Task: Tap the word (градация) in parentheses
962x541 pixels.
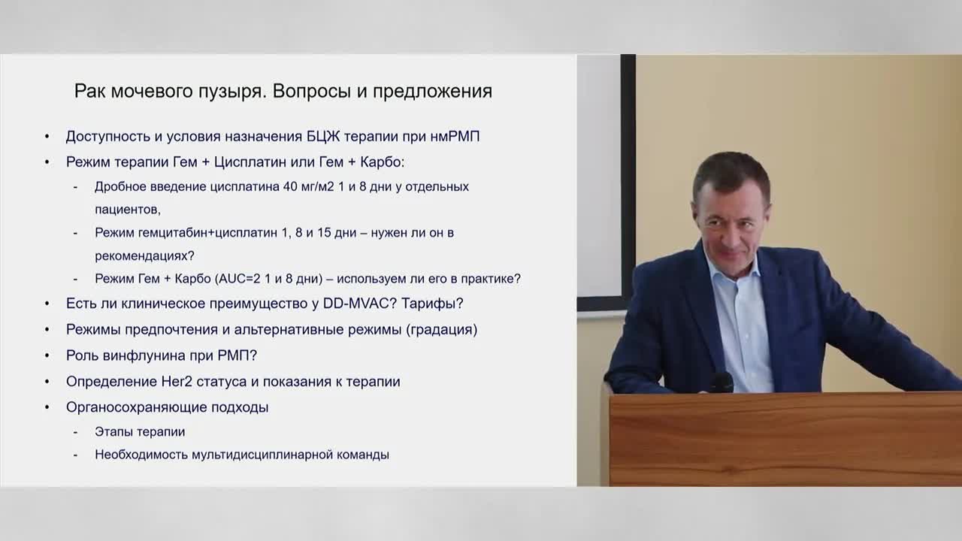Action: (441, 329)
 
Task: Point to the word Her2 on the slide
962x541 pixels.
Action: (177, 381)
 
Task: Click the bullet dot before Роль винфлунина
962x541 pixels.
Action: (47, 355)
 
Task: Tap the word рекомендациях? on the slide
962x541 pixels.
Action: (144, 256)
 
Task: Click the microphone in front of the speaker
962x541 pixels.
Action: (721, 382)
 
